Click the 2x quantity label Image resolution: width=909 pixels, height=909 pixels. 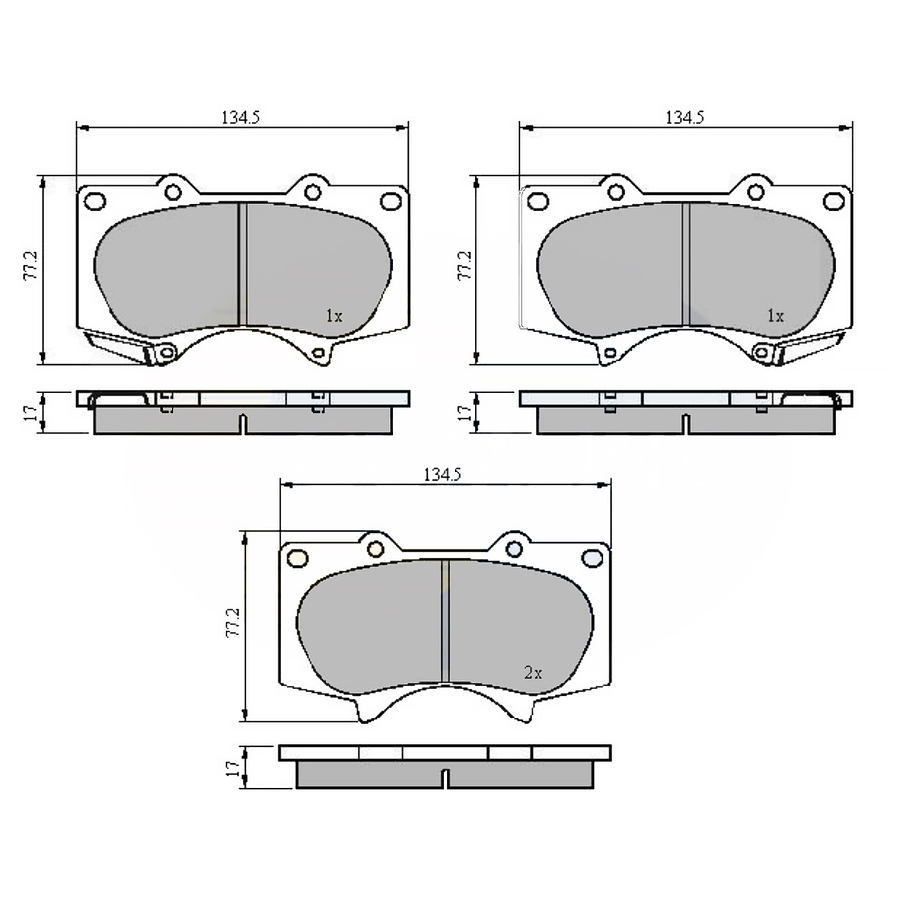tap(533, 673)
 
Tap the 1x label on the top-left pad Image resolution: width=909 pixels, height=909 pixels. tap(334, 315)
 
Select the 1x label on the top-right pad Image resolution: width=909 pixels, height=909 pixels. tap(775, 315)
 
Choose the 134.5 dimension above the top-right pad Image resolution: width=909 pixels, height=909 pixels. tap(685, 117)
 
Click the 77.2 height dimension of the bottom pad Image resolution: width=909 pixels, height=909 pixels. tap(232, 623)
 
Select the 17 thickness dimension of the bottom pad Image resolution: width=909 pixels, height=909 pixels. tap(232, 768)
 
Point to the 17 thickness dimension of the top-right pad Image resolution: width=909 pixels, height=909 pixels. tap(464, 411)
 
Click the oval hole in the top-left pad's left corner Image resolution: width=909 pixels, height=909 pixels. tap(95, 201)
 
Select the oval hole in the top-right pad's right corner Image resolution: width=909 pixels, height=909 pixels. tap(833, 201)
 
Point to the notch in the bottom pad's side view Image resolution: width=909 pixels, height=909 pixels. tap(446, 776)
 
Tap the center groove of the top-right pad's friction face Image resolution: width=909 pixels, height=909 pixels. tap(686, 264)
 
